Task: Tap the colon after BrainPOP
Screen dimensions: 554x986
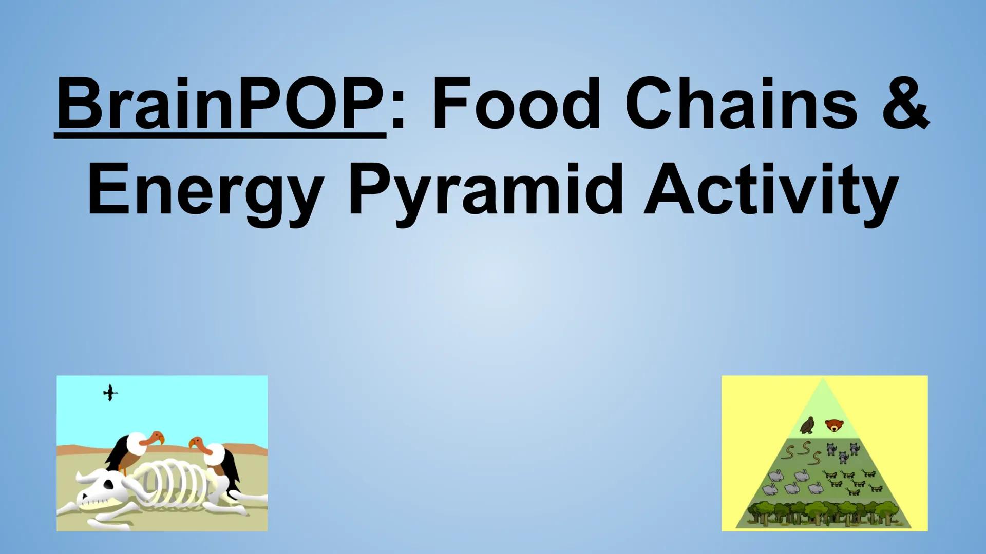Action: tap(399, 113)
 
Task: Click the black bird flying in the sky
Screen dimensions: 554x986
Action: tap(110, 393)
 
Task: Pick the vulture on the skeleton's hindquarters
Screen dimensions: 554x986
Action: tap(218, 459)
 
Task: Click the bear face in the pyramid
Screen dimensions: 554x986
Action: tap(835, 425)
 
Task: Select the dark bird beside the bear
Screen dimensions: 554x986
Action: tap(809, 425)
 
